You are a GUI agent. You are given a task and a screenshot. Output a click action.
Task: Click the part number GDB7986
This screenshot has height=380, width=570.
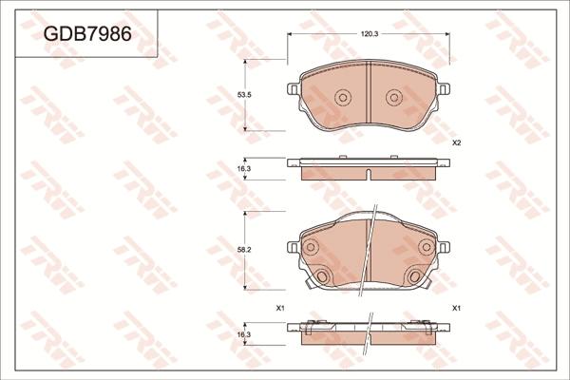coord(87,34)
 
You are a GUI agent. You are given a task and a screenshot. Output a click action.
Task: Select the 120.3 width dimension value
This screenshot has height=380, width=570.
coord(370,34)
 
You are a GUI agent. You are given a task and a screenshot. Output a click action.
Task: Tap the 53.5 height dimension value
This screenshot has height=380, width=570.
coord(244,95)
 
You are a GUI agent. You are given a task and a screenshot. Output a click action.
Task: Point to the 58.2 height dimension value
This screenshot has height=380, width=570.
coord(244,250)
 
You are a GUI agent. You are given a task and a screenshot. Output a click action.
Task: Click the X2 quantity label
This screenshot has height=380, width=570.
coord(457,142)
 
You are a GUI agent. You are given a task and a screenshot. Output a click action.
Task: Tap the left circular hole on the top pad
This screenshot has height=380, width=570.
coord(342,98)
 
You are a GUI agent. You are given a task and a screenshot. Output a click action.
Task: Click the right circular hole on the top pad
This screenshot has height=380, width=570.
coord(394,98)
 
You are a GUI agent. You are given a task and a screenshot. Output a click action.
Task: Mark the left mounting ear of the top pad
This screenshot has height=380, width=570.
coord(293,88)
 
